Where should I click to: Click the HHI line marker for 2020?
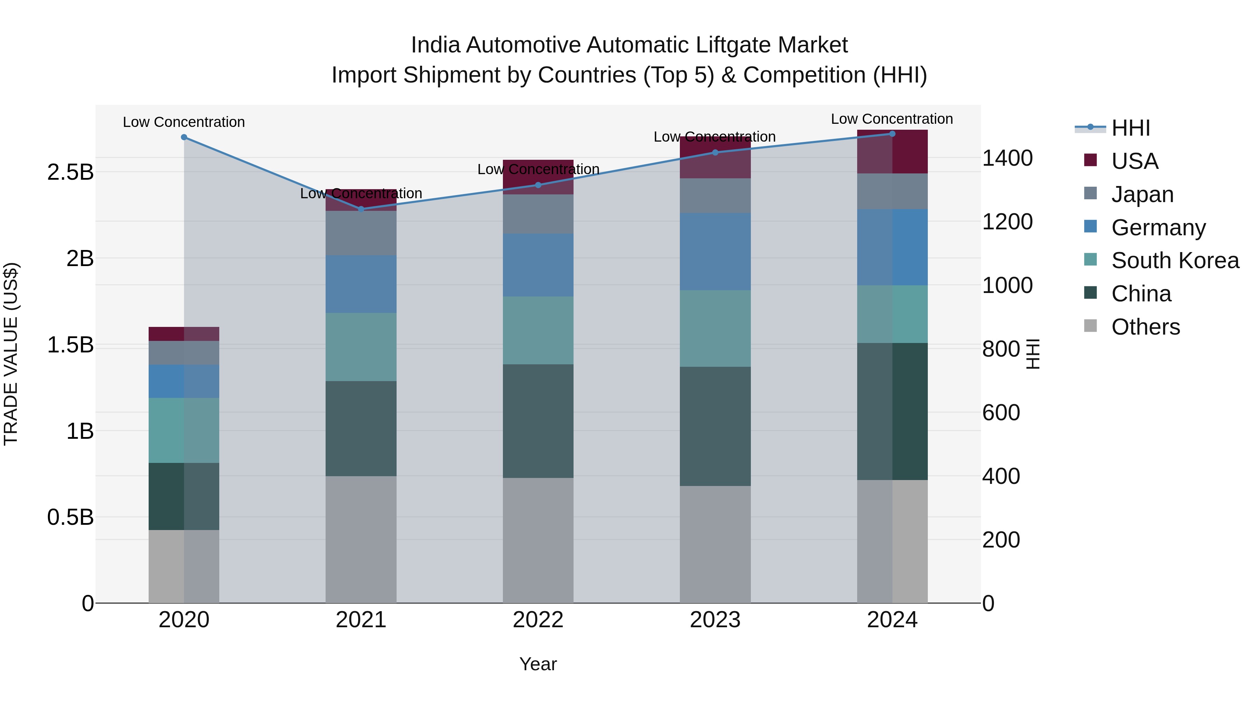pyautogui.click(x=184, y=137)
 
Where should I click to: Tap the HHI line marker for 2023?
pyautogui.click(x=715, y=152)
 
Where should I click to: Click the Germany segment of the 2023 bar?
pyautogui.click(x=715, y=252)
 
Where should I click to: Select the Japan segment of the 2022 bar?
pyautogui.click(x=538, y=214)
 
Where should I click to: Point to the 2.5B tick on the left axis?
pyautogui.click(x=70, y=172)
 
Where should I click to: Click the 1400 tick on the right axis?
pyautogui.click(x=1007, y=158)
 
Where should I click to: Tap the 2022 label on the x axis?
pyautogui.click(x=538, y=620)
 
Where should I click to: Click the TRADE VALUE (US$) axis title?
pyautogui.click(x=11, y=354)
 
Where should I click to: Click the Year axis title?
pyautogui.click(x=538, y=664)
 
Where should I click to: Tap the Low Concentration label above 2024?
pyautogui.click(x=892, y=119)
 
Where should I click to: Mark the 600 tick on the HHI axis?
pyautogui.click(x=1001, y=413)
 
